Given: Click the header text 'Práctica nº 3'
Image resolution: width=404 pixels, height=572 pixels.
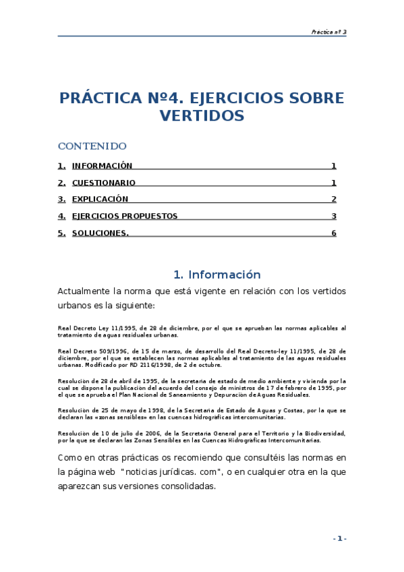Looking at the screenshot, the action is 328,32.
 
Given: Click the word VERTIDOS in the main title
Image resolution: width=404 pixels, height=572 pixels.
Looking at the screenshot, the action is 202,116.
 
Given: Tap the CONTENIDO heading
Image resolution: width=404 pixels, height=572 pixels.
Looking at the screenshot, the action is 92,146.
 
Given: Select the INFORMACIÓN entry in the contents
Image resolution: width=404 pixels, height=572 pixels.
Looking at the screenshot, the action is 102,166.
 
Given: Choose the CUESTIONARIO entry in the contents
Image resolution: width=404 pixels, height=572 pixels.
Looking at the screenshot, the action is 103,183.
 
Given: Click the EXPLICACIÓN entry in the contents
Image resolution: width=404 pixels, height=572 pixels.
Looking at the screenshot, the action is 100,199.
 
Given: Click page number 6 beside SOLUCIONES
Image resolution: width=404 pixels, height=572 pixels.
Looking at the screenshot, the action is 334,233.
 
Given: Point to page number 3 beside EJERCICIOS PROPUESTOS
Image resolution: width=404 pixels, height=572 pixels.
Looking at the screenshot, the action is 334,216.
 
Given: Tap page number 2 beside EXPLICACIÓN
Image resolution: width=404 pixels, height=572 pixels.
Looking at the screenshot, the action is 334,199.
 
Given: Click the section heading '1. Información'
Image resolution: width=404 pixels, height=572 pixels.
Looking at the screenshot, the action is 217,275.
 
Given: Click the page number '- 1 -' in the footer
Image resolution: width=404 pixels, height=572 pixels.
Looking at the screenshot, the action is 339,538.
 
